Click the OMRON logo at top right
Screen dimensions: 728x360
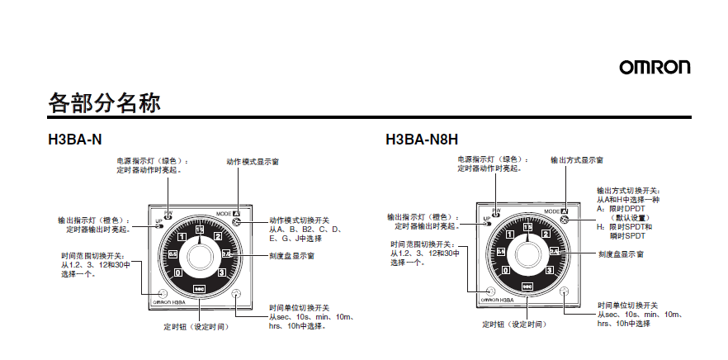point(655,67)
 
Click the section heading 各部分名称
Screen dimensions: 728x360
point(103,104)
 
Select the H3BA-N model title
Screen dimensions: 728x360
point(75,139)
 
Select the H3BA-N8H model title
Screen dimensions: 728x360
point(422,139)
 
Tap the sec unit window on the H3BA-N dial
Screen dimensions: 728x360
point(199,287)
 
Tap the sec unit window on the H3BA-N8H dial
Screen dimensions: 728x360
point(527,286)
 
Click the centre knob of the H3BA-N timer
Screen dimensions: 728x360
point(199,251)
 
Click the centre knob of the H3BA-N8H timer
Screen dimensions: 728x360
point(527,250)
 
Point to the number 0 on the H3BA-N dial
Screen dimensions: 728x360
point(177,272)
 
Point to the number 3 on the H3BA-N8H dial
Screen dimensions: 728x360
point(548,270)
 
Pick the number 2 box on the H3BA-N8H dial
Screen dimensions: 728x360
point(546,234)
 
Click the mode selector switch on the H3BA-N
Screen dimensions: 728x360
point(237,221)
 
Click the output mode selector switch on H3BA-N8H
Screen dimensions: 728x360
point(565,220)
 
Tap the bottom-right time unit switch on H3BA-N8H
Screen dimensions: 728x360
point(565,291)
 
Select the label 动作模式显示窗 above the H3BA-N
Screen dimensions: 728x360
point(252,161)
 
